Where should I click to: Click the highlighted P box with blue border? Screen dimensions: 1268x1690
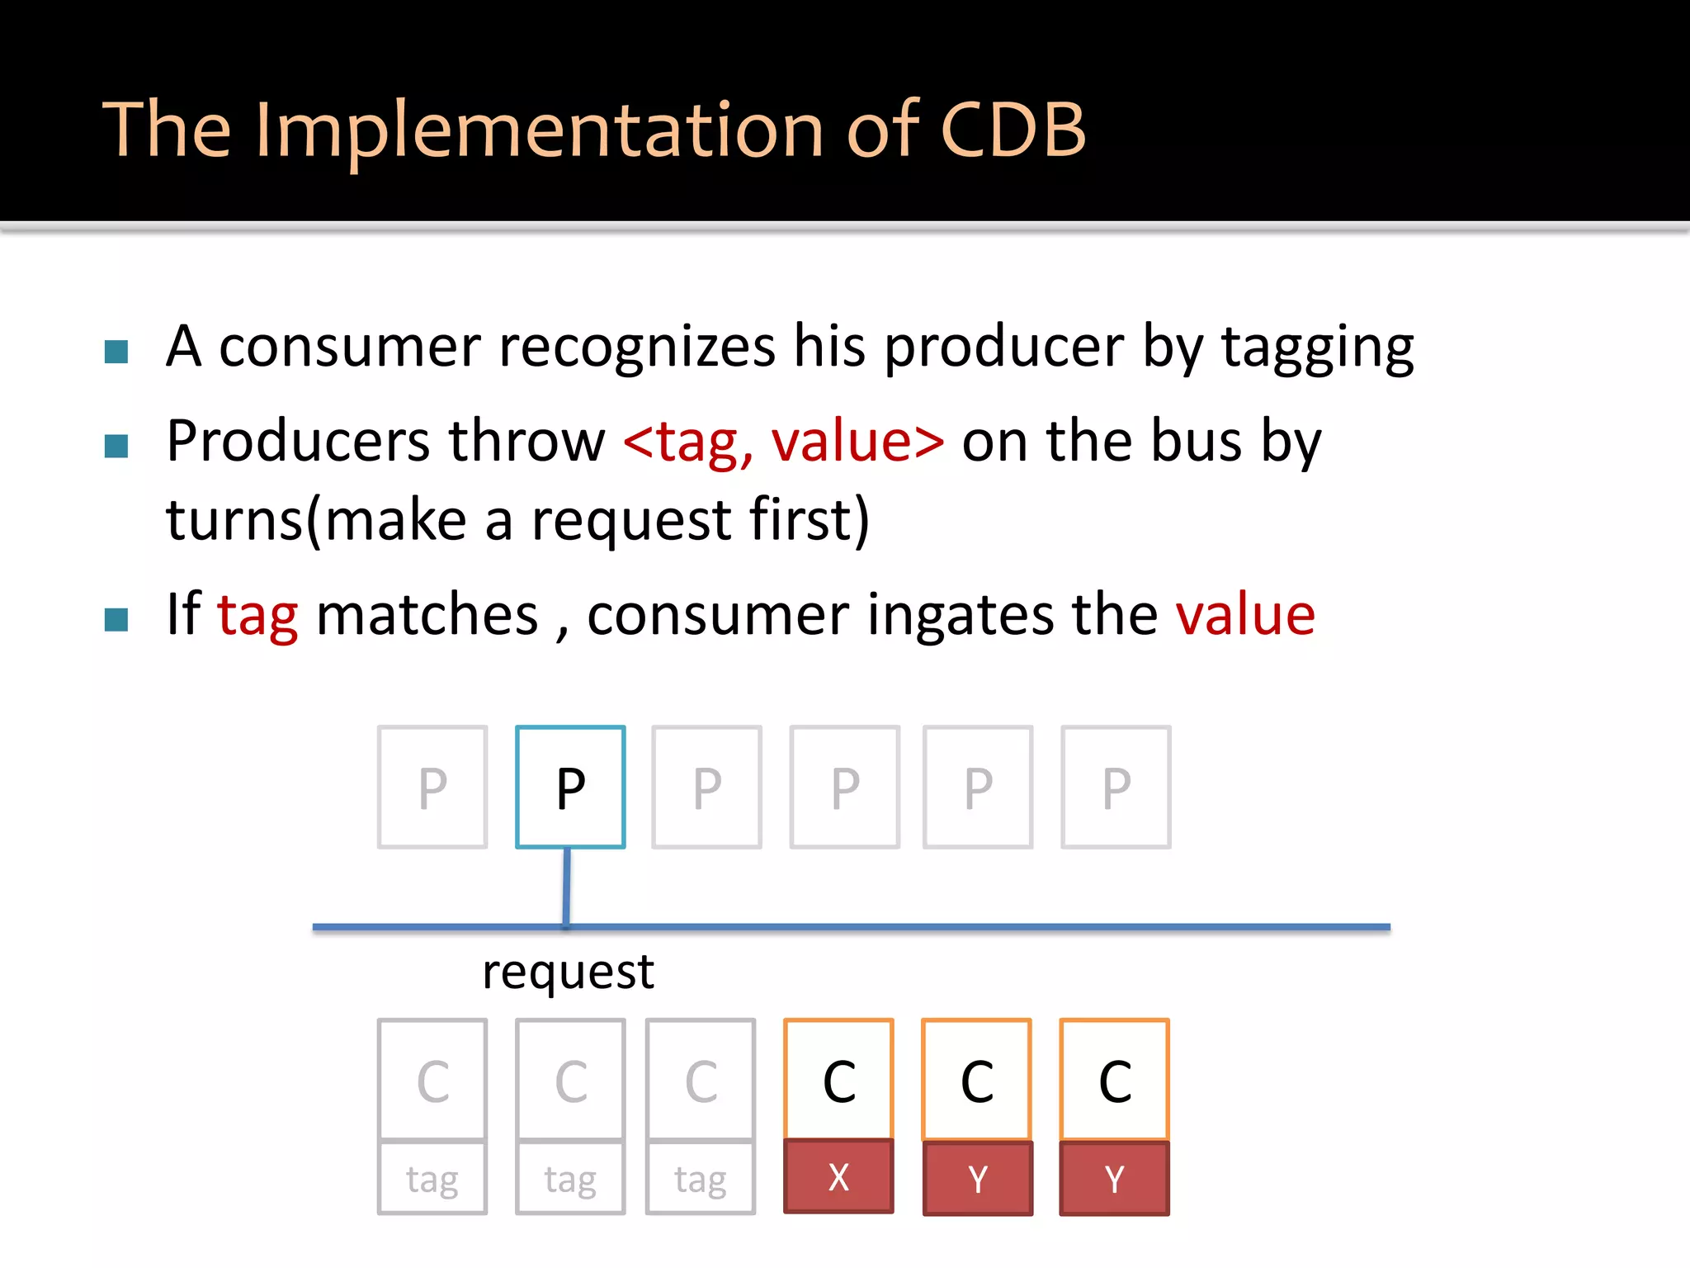(x=570, y=787)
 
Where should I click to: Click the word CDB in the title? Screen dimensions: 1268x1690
(x=1013, y=130)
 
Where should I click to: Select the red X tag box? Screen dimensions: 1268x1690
(x=838, y=1176)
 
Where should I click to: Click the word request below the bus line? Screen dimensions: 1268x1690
(x=568, y=972)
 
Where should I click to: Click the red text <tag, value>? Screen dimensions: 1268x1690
(x=783, y=442)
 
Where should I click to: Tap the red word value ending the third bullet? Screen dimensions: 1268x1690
(x=1244, y=615)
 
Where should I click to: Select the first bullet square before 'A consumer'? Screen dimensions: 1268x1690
(x=116, y=352)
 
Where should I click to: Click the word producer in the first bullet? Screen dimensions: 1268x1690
(x=1003, y=347)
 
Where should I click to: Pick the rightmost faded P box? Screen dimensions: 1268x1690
(x=1116, y=787)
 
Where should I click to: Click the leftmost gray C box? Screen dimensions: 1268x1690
(x=432, y=1080)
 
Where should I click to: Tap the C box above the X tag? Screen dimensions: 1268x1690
(x=838, y=1080)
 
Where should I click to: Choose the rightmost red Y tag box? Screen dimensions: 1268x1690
(x=1114, y=1178)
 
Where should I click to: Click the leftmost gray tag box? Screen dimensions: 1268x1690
(x=432, y=1178)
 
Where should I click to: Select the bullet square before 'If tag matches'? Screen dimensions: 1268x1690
(x=116, y=619)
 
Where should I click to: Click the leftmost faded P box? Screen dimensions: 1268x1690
(x=432, y=787)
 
